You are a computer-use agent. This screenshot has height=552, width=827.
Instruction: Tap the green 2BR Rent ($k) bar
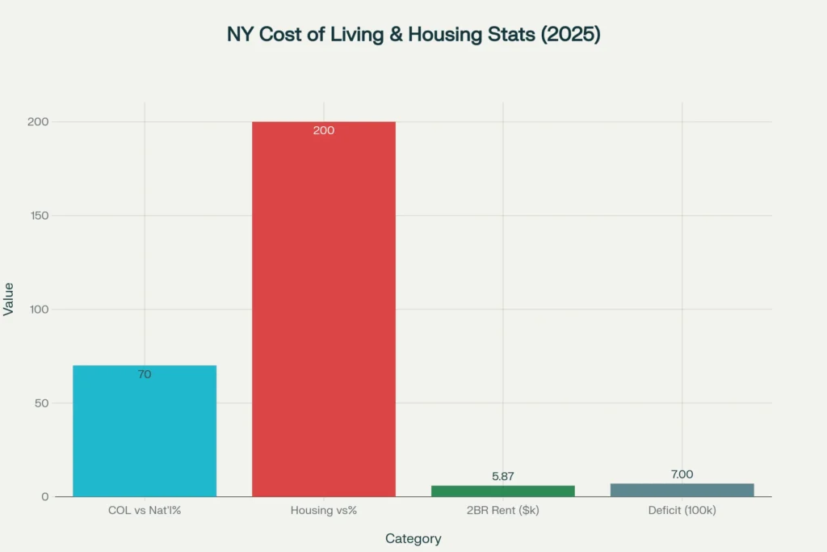502,491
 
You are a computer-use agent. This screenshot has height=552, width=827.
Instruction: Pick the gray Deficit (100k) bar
682,490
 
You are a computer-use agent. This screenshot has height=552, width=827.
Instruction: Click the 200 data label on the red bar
324,130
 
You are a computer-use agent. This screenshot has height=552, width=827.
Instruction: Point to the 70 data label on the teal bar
145,374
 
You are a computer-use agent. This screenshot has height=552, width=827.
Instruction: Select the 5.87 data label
502,476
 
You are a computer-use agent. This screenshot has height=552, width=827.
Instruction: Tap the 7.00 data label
682,474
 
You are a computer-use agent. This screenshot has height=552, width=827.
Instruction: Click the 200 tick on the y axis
40,122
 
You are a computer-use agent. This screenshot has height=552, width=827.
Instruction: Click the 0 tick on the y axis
45,497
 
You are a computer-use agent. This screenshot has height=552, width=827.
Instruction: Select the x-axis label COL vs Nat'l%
145,511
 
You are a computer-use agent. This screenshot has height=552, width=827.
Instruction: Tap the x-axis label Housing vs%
324,511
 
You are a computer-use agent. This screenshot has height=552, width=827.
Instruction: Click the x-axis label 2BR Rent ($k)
502,511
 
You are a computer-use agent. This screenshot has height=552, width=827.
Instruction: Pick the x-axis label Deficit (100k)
682,511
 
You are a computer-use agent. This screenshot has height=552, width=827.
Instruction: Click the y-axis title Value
9,298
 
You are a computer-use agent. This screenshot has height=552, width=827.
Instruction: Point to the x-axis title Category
413,538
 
